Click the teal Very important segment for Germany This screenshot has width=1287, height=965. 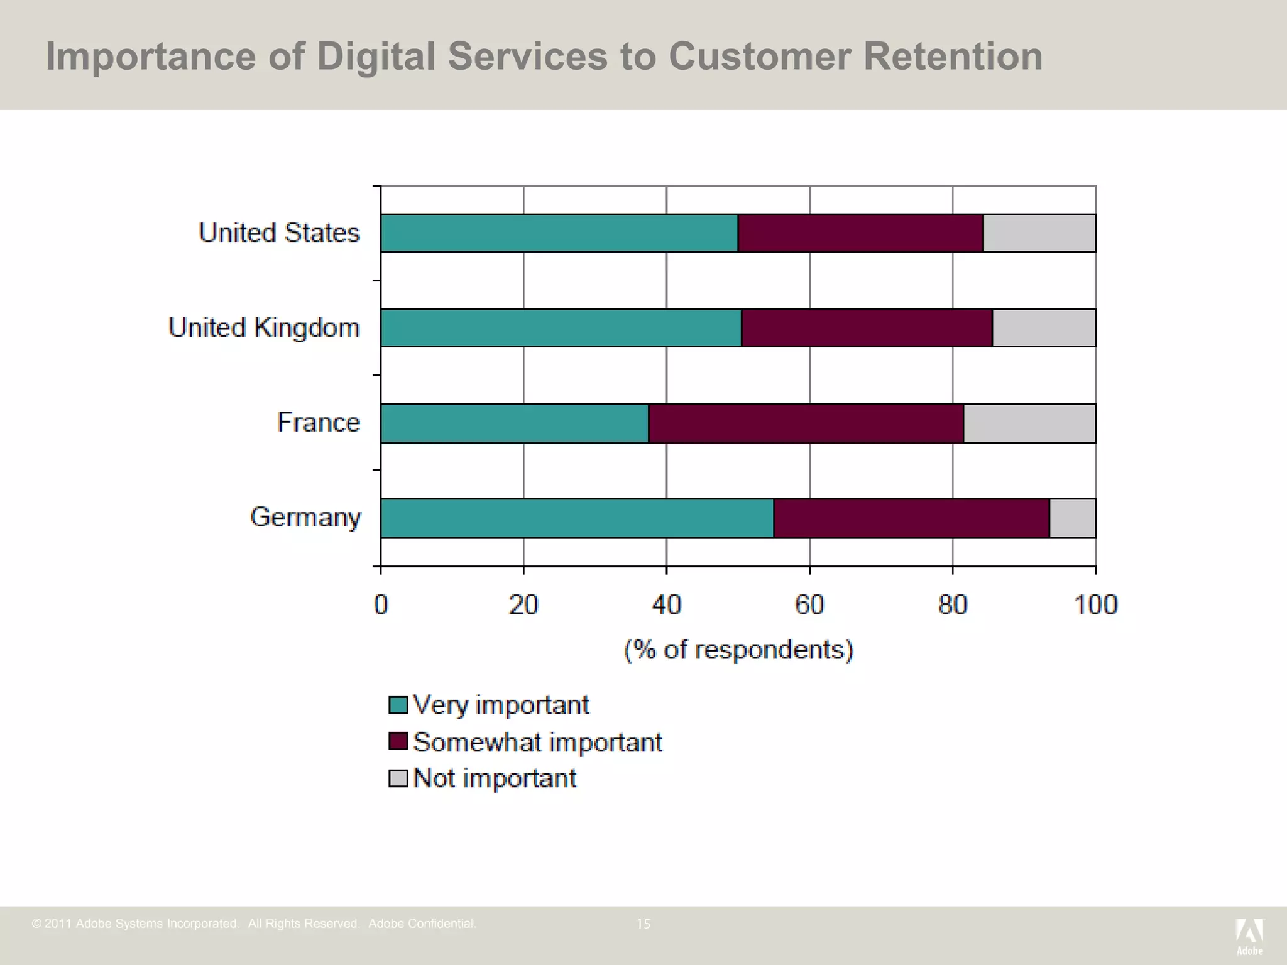(x=577, y=518)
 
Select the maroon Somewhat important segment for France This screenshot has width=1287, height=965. (x=806, y=423)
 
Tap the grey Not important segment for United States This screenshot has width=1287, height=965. (x=1039, y=233)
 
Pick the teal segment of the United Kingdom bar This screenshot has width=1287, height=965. (x=561, y=327)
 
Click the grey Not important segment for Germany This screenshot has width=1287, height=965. (x=1073, y=518)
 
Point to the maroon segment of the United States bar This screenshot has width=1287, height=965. (x=860, y=233)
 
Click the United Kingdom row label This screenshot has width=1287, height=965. (x=264, y=327)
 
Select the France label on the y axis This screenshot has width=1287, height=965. (x=319, y=422)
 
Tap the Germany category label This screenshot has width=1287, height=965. (x=305, y=517)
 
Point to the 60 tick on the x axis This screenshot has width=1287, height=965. (x=809, y=604)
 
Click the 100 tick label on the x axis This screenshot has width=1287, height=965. (x=1095, y=604)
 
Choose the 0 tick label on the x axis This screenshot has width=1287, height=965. (x=381, y=604)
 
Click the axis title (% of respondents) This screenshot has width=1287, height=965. (x=738, y=649)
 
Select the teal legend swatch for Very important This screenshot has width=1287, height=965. (x=398, y=705)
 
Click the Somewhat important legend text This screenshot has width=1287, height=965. (x=538, y=742)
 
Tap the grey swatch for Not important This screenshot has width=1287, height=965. (x=398, y=778)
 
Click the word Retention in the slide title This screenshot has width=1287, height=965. (x=953, y=57)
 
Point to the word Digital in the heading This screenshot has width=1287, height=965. (x=376, y=57)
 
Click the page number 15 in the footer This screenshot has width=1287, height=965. (x=643, y=924)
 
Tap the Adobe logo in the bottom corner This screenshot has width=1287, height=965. (x=1249, y=935)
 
